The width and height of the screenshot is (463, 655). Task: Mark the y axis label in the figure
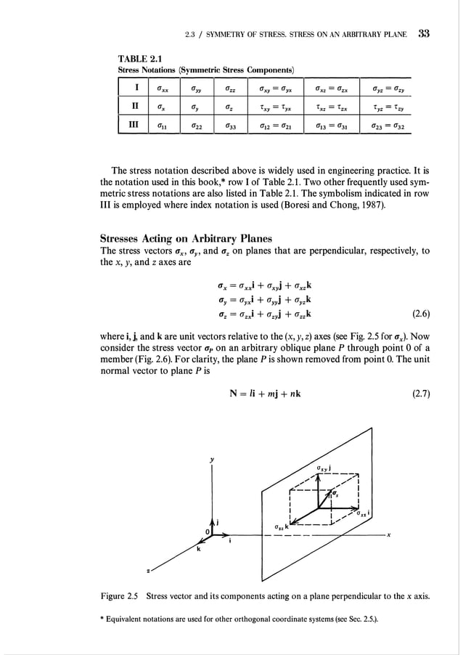tap(212, 460)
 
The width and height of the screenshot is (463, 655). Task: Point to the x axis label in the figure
tap(390, 537)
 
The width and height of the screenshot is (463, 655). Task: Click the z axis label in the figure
tap(149, 571)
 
